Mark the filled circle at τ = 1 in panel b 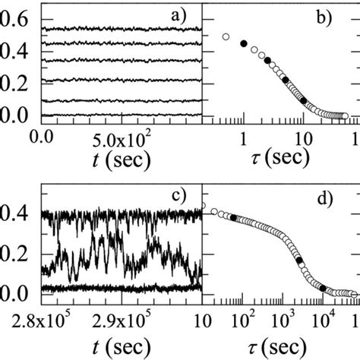pos(243,44)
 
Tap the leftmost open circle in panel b pos(225,36)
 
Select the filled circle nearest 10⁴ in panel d pos(323,288)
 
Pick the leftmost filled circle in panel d pos(232,217)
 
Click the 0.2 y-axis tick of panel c pos(16,254)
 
